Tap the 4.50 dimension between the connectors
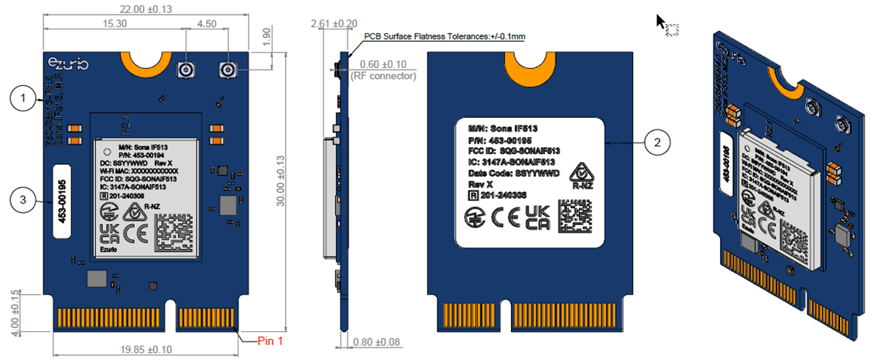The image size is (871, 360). click(207, 24)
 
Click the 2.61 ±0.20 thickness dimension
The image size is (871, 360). click(334, 25)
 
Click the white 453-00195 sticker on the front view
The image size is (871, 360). click(63, 201)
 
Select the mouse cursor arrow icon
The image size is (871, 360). click(663, 22)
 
